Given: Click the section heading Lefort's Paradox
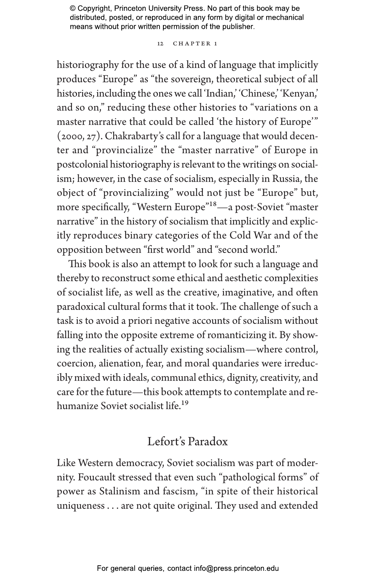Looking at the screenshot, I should click(x=187, y=441).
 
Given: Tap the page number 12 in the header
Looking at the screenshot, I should click(x=160, y=44).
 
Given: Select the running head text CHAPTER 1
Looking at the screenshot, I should click(x=195, y=44).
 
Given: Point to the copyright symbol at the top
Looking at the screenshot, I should click(x=73, y=9).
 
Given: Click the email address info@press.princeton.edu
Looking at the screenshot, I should click(x=236, y=568).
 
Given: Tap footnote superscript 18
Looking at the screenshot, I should click(x=213, y=204).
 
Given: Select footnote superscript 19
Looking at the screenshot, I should click(x=184, y=403).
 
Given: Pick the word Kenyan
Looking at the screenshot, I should click(x=298, y=93).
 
